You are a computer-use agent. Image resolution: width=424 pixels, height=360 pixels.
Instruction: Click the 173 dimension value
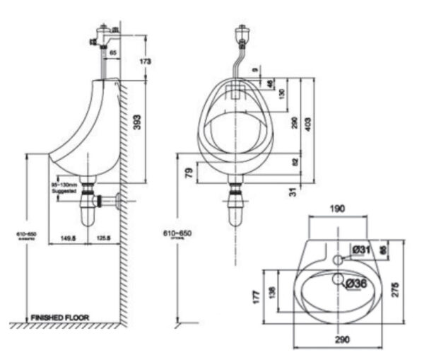pyautogui.click(x=146, y=62)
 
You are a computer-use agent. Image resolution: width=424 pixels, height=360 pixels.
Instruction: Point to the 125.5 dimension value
pyautogui.click(x=103, y=238)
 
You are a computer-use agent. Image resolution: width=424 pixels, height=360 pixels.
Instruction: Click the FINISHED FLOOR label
pyautogui.click(x=59, y=318)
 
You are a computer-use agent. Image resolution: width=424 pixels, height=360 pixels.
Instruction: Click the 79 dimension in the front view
pyautogui.click(x=189, y=172)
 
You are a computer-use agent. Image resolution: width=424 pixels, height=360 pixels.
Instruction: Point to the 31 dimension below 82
pyautogui.click(x=293, y=191)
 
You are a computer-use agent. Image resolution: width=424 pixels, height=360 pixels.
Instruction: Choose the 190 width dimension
pyautogui.click(x=338, y=209)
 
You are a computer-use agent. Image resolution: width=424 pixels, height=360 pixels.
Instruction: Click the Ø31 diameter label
pyautogui.click(x=361, y=249)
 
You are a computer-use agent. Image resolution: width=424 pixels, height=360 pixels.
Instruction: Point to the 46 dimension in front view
pyautogui.click(x=272, y=83)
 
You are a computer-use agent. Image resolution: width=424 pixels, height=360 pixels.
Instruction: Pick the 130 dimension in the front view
pyautogui.click(x=282, y=93)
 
